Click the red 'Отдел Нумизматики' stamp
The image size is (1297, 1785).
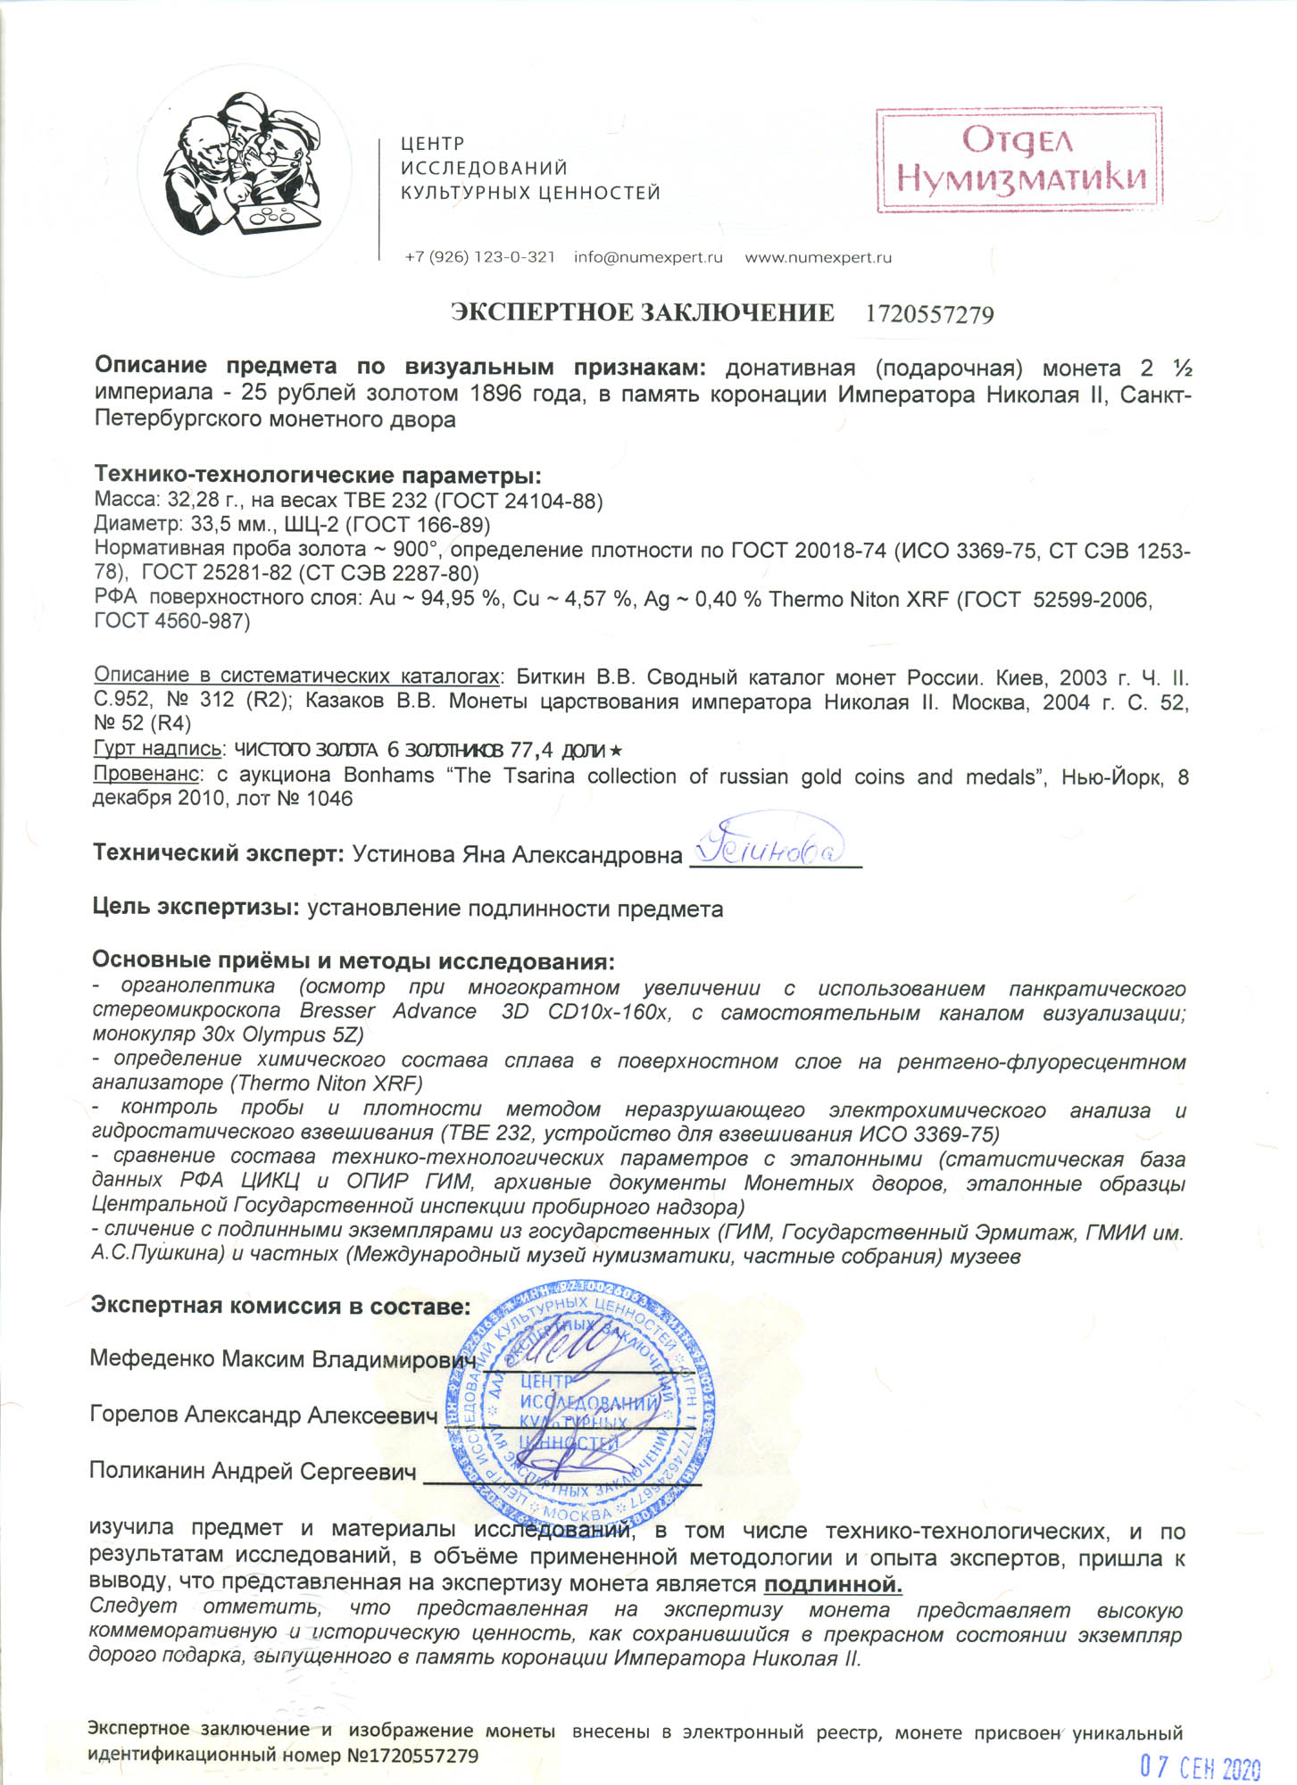pos(1018,160)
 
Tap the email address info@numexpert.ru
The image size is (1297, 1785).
pos(648,258)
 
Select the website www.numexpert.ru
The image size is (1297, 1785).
pos(818,258)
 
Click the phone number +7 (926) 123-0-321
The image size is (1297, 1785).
pos(479,258)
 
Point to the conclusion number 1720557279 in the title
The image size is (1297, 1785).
pos(929,314)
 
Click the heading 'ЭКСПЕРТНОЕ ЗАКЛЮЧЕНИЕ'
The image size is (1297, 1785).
pos(642,313)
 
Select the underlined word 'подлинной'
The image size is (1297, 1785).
pos(833,1584)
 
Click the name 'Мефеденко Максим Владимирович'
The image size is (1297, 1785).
pos(282,1358)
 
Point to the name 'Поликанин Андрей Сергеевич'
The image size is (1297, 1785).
pos(253,1471)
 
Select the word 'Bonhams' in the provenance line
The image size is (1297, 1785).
pos(388,776)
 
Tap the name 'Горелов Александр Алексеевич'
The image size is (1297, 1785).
pos(263,1415)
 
